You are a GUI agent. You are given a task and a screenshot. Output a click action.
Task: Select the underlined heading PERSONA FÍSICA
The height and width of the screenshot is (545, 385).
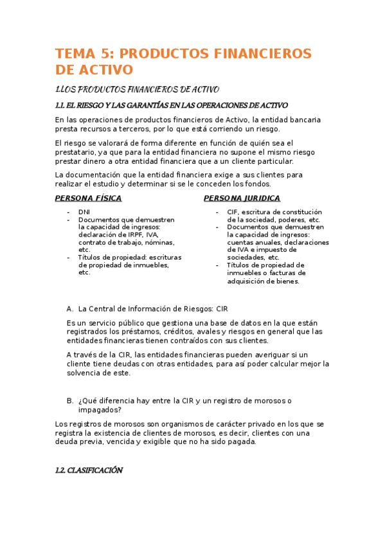pos(88,198)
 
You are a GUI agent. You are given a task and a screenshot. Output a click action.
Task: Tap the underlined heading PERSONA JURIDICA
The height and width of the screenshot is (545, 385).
pos(242,198)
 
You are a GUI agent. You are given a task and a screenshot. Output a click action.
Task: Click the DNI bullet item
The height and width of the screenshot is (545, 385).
pos(84,211)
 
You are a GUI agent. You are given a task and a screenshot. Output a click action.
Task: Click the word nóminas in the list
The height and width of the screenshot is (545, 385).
pos(160,242)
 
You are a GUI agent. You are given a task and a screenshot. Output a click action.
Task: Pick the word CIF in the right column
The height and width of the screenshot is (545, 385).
pos(233,211)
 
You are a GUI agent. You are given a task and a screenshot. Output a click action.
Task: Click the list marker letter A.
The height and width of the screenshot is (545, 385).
pos(69,308)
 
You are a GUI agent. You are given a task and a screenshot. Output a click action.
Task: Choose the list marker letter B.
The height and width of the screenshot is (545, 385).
pos(69,400)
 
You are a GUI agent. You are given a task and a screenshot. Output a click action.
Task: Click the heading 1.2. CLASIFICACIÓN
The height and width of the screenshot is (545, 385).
pos(89,470)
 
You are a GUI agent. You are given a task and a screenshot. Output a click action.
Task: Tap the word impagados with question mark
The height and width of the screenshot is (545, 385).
pos(100,409)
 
